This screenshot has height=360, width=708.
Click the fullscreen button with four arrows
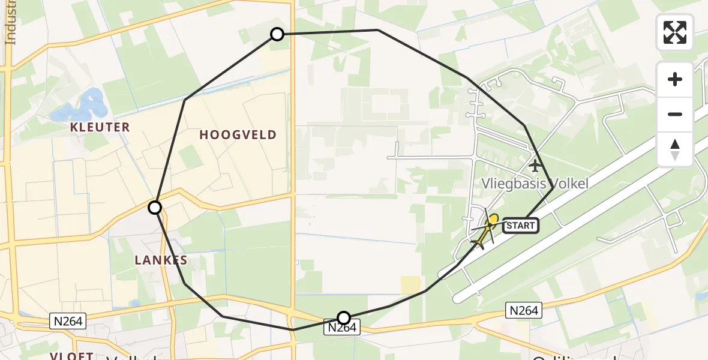click(675, 32)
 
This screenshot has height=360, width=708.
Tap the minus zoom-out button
click(675, 114)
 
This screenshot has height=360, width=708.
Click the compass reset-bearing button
click(675, 149)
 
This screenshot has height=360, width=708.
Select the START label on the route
click(520, 226)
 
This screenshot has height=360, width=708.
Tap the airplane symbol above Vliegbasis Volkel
click(535, 164)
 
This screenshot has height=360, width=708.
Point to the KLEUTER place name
click(100, 127)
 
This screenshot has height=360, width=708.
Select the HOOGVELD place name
click(238, 135)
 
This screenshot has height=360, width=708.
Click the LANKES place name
click(160, 260)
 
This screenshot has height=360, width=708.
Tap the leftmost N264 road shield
click(68, 321)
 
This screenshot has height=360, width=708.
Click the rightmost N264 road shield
click(524, 310)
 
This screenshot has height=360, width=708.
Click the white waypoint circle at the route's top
click(277, 34)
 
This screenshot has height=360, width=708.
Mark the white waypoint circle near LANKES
click(155, 208)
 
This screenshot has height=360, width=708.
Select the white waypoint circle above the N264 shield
click(344, 317)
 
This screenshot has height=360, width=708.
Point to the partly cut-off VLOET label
click(71, 356)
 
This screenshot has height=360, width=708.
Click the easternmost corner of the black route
click(553, 188)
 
